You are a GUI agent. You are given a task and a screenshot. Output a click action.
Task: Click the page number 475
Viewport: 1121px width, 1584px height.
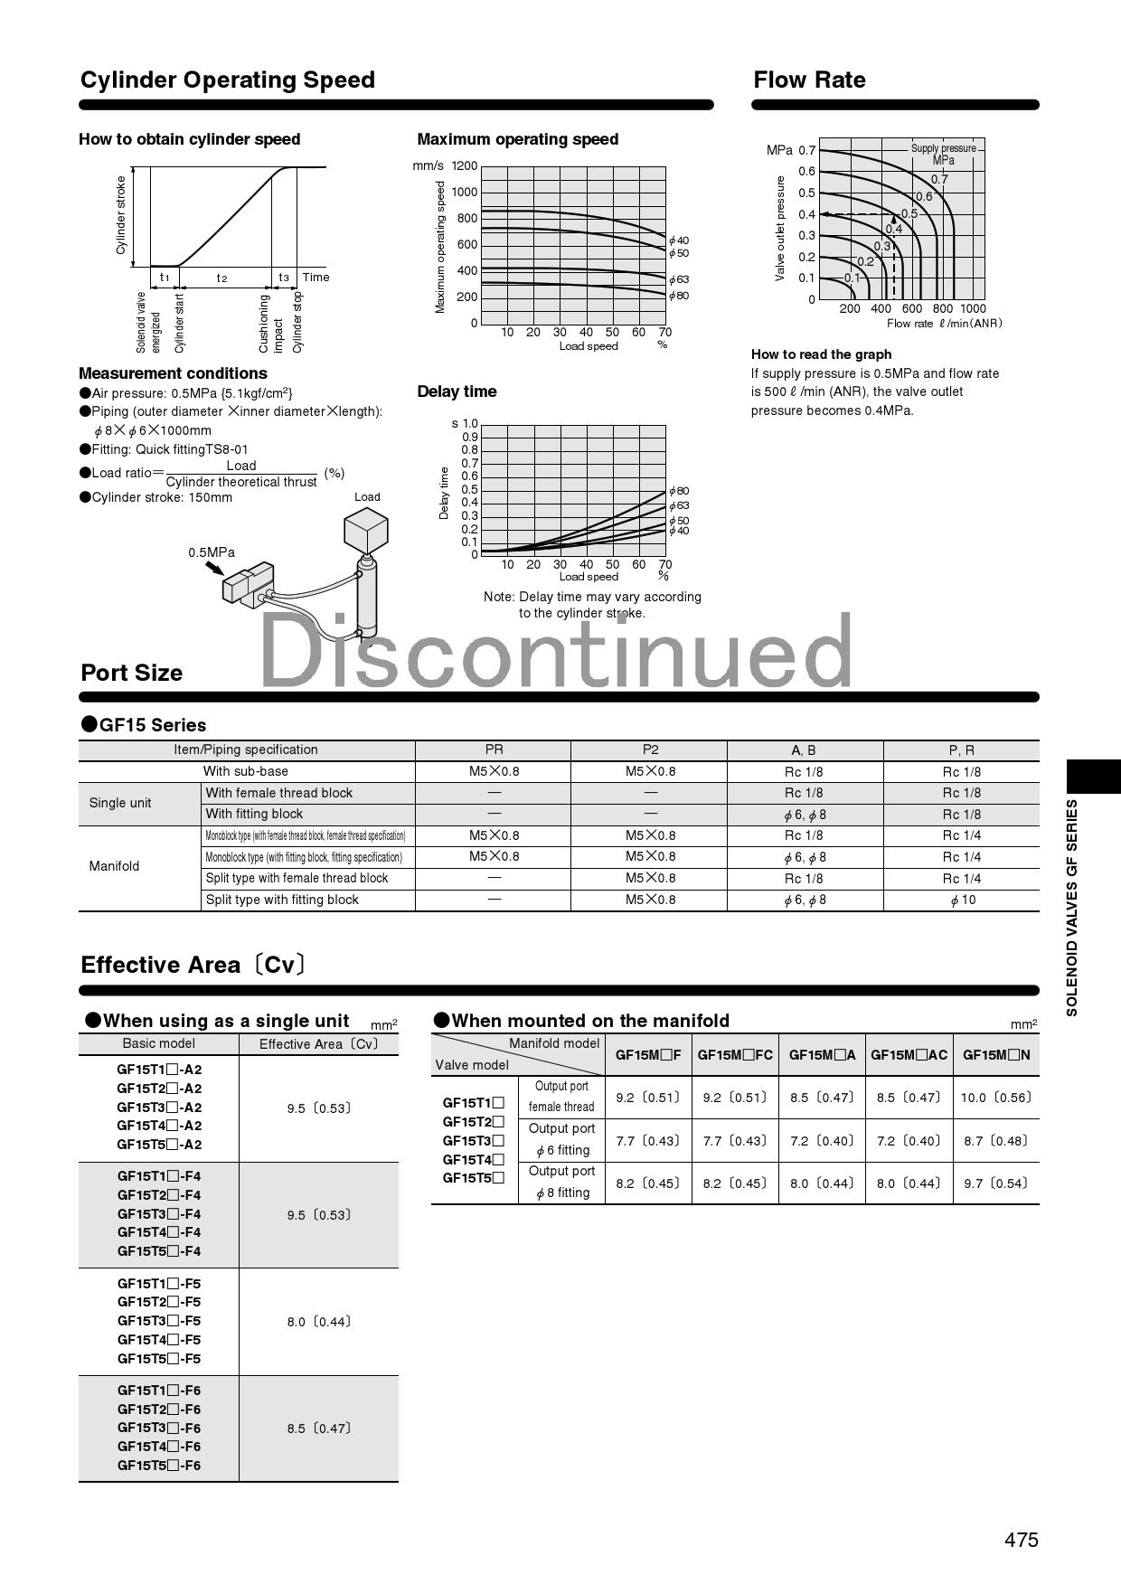[x=1021, y=1540]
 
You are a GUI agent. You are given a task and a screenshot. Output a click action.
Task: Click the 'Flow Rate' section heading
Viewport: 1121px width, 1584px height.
[x=809, y=80]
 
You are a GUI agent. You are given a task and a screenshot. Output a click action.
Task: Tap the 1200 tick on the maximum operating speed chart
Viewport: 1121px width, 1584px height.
[x=465, y=166]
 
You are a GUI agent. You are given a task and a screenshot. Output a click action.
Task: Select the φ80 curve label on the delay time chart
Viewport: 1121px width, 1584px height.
[x=679, y=491]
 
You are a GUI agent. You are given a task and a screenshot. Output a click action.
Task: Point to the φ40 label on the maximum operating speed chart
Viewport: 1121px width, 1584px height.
[x=679, y=240]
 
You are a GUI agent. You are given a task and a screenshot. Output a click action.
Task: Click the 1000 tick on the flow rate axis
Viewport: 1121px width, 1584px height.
[x=973, y=308]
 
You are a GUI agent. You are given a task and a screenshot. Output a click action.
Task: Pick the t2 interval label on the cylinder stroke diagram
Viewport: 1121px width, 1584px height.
[x=221, y=278]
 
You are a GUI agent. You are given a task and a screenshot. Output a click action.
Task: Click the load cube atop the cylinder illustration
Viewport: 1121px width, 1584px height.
[x=366, y=529]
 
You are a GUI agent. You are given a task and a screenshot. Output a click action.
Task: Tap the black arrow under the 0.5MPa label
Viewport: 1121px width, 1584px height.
[x=214, y=568]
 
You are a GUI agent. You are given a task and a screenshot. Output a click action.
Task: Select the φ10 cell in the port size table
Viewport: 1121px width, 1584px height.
[x=962, y=900]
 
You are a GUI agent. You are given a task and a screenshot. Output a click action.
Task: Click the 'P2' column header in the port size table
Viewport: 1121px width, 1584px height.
[x=650, y=750]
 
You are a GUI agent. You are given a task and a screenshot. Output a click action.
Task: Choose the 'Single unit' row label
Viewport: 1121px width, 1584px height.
[x=120, y=803]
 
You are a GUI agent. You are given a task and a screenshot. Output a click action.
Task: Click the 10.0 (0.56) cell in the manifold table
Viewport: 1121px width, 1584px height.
[x=995, y=1098]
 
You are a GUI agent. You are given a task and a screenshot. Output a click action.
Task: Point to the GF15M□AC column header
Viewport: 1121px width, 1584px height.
[x=909, y=1054]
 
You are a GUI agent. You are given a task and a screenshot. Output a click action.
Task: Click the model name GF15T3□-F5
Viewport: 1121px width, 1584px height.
[x=159, y=1321]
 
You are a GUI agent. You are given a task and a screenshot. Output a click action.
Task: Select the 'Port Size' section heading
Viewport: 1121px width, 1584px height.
[x=132, y=674]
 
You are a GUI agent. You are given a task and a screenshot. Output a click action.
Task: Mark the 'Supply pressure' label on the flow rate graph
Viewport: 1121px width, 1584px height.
[x=943, y=148]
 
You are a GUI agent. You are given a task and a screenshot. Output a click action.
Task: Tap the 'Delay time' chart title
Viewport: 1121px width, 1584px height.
[x=457, y=391]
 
